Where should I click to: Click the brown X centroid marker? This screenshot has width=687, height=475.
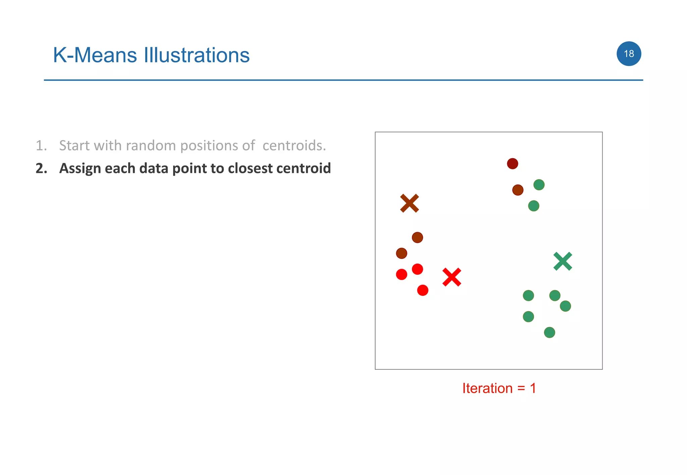pos(409,203)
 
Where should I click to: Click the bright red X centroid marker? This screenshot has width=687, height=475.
pos(452,277)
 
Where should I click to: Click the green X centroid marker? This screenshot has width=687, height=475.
pos(563,261)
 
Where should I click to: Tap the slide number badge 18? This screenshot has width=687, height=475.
pos(629,54)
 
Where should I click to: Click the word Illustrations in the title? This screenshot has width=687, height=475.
pos(197,55)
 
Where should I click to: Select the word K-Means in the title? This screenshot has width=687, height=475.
pos(95,55)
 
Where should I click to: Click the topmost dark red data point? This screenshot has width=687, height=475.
pos(512,163)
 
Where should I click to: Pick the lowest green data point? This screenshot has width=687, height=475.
pos(549,332)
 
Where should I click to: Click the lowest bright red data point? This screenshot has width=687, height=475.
pos(422,290)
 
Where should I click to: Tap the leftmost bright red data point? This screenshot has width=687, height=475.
pos(401,274)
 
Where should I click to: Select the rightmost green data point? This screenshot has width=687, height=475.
pos(565,306)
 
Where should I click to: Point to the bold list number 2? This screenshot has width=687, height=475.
pos(41,168)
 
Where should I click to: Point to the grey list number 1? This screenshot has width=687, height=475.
pos(41,145)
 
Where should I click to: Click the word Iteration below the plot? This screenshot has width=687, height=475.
pos(487,388)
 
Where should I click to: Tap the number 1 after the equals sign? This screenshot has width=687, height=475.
pos(533,388)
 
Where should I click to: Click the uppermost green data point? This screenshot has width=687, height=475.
pos(539,185)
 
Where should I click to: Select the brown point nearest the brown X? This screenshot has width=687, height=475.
pos(417,237)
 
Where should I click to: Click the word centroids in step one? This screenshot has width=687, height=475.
pos(294,145)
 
